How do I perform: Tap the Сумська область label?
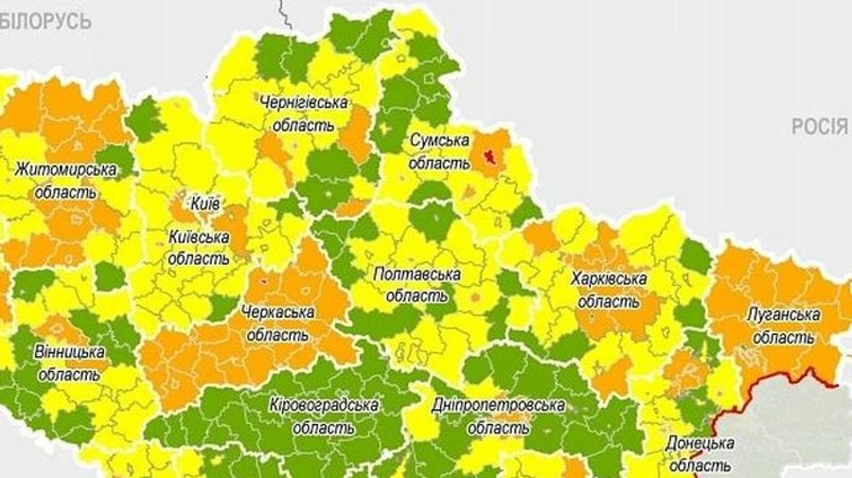point(439,150)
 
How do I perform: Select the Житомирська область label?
point(65,180)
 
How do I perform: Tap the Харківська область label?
point(609,290)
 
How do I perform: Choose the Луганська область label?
point(783,326)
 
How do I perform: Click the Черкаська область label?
point(277,322)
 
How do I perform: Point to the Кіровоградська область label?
point(324,416)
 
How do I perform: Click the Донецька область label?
point(700,453)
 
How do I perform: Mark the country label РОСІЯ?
point(821,128)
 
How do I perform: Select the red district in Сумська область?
point(490,153)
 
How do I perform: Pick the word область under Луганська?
point(783,337)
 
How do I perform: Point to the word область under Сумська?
point(439,162)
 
